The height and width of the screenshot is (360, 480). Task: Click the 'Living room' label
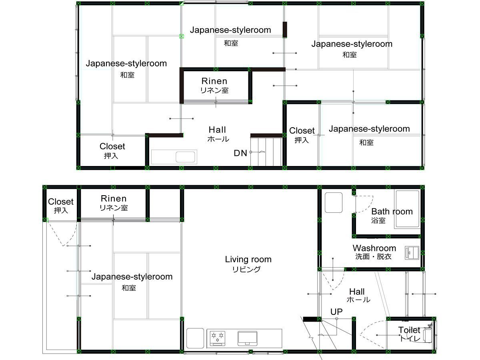click(248, 260)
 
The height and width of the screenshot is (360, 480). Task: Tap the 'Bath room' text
click(392, 211)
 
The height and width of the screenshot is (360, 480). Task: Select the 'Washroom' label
click(374, 248)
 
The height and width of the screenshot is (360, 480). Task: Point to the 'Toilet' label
click(409, 330)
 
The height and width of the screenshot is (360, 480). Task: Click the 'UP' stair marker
click(336, 312)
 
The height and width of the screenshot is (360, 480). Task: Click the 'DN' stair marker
click(240, 153)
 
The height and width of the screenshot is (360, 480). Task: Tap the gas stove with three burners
click(218, 338)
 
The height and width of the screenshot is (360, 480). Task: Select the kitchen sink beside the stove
click(247, 338)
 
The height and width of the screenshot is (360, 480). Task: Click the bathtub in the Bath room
click(408, 209)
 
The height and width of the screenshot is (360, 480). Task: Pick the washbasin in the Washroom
click(412, 253)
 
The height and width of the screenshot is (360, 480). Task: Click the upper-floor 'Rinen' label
click(214, 81)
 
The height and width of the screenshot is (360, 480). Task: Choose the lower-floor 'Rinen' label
click(114, 198)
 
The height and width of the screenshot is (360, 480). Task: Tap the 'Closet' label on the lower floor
click(61, 202)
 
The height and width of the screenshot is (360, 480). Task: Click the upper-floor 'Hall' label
click(217, 130)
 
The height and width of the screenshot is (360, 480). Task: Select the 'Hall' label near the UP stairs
click(357, 292)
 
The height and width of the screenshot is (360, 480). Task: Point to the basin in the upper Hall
click(185, 157)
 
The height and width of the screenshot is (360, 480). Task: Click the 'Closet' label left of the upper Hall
click(112, 146)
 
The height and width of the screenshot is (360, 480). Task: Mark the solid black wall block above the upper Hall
click(285, 30)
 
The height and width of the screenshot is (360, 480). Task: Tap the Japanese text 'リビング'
click(246, 269)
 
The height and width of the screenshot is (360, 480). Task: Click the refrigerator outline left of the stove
click(195, 338)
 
